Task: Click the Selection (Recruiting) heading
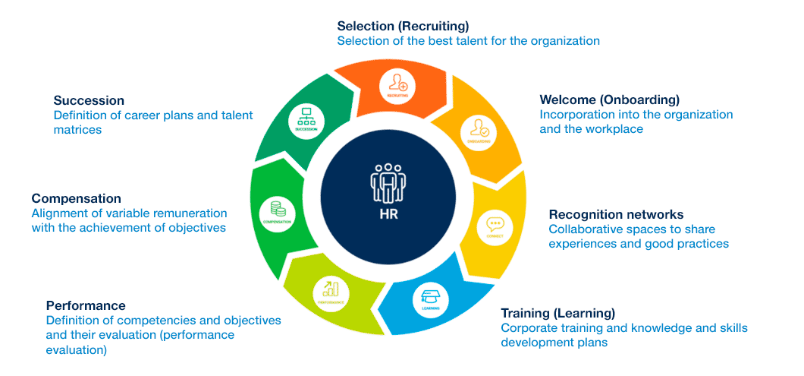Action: pos(403,26)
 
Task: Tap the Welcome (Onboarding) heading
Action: pos(609,100)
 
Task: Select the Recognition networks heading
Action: pos(616,214)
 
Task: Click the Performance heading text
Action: pos(85,305)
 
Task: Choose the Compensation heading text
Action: pos(76,198)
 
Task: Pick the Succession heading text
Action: pos(89,100)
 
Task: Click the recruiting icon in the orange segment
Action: pos(397,83)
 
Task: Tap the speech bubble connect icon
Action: pos(495,225)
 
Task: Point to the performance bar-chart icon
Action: pos(331,289)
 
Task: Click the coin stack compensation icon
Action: pos(277,208)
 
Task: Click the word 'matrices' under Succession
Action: pos(77,130)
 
